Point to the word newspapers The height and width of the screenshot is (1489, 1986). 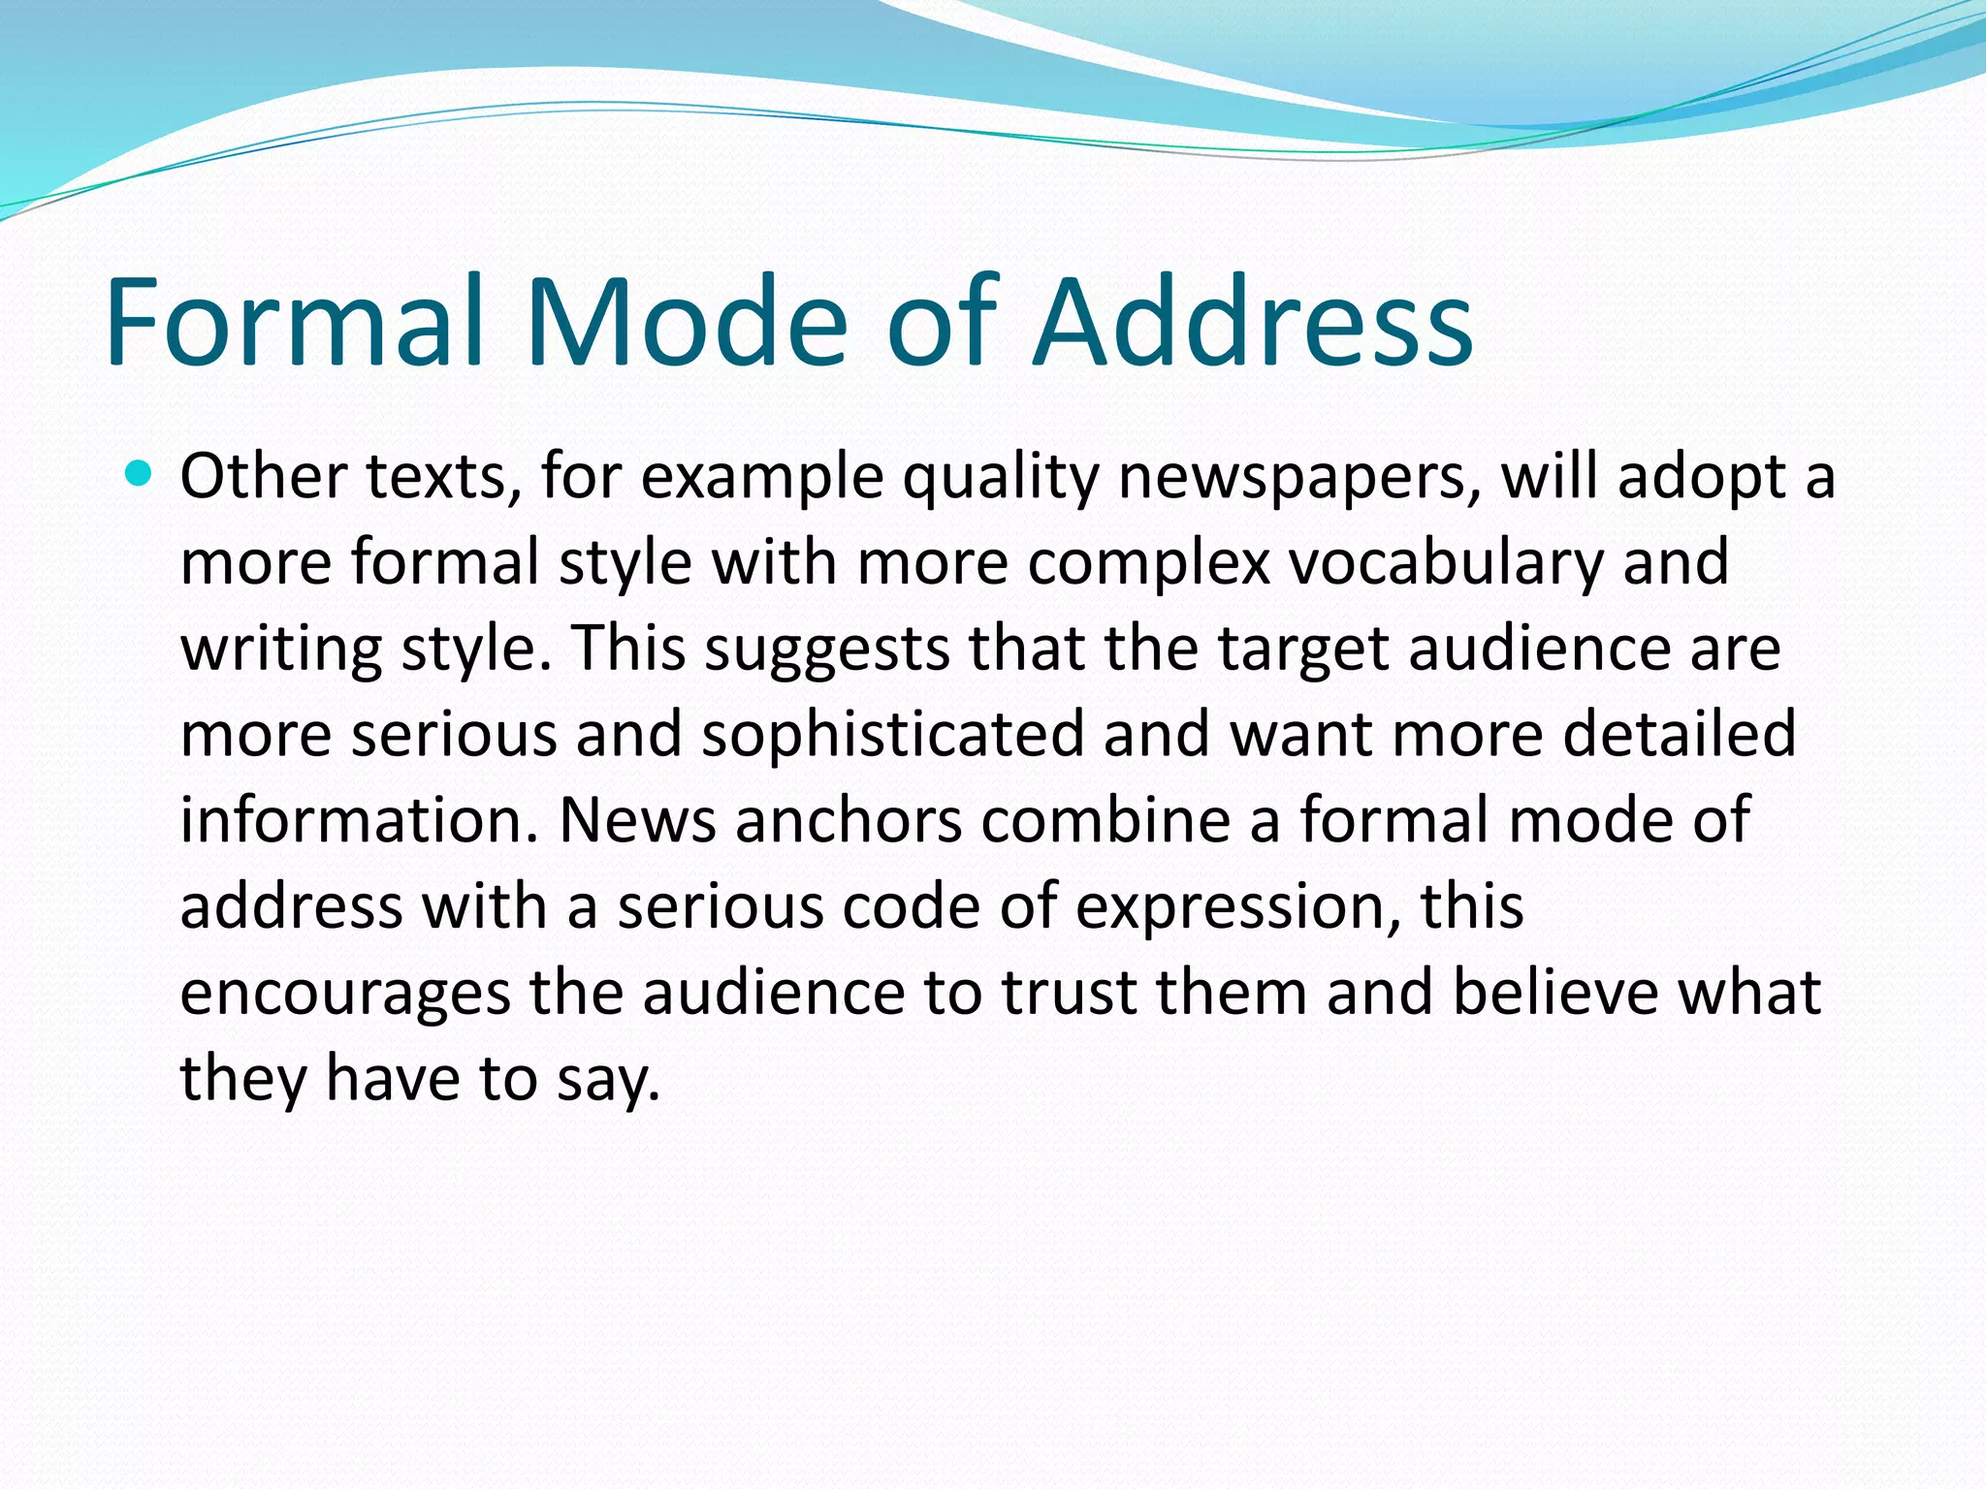pyautogui.click(x=1299, y=478)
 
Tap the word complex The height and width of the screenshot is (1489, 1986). pyautogui.click(x=1148, y=563)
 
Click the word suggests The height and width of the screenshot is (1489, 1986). pyautogui.click(x=826, y=649)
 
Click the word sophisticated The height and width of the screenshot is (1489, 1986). pyautogui.click(x=892, y=734)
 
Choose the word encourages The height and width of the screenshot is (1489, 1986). pyautogui.click(x=344, y=993)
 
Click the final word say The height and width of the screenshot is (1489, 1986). pyautogui.click(x=607, y=1079)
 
